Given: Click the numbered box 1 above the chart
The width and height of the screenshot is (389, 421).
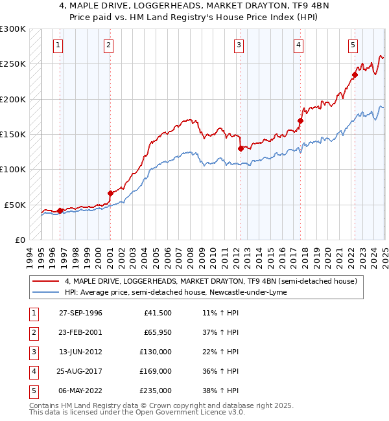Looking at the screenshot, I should tap(58, 45).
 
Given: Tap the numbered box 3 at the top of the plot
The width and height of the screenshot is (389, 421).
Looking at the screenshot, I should tap(239, 45).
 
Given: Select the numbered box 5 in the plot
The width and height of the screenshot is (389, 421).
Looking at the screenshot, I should tap(353, 45).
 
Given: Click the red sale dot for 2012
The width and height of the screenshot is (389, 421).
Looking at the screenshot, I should tap(241, 148).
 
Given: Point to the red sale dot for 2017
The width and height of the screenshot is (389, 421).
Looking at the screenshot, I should tap(301, 120).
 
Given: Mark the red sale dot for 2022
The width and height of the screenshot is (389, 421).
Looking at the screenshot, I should tap(355, 74).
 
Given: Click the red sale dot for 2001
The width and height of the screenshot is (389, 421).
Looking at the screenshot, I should tap(110, 193).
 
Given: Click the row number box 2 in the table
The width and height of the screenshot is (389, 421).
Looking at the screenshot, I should tap(32, 332).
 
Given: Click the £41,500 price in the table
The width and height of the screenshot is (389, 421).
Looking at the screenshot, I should tap(158, 313).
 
